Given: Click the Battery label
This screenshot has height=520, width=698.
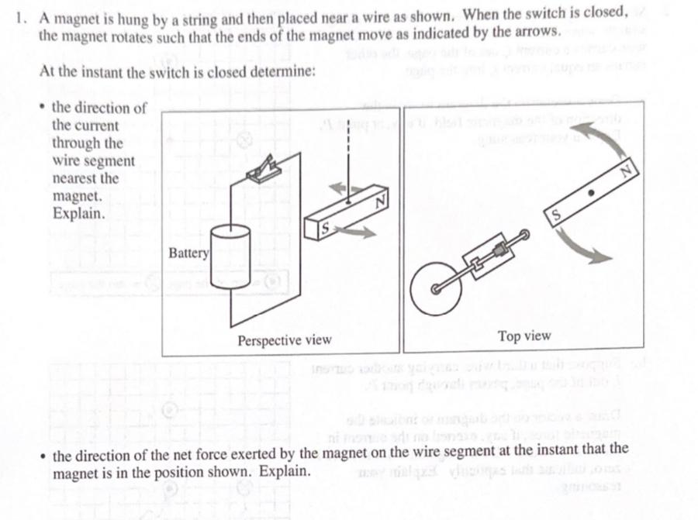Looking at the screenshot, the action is click(x=189, y=253).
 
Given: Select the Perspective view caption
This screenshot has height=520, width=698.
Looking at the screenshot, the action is click(x=284, y=340).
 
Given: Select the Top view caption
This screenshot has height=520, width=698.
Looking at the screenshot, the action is click(x=524, y=336).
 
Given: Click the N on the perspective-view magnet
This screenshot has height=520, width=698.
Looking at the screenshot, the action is click(x=379, y=203).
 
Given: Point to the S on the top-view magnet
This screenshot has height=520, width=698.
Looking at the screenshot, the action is click(x=556, y=212).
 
